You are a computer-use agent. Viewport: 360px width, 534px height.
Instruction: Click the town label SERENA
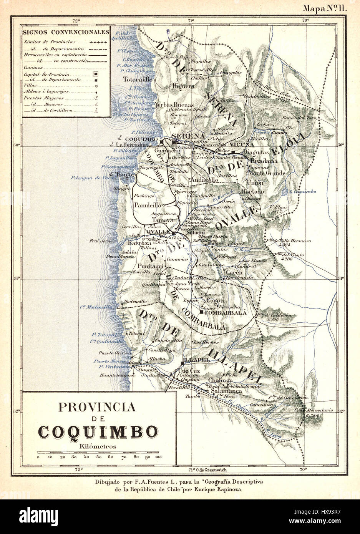click(188, 136)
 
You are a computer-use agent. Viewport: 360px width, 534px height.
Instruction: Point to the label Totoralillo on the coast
click(138, 80)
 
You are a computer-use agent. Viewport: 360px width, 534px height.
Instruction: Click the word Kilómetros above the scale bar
click(98, 446)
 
